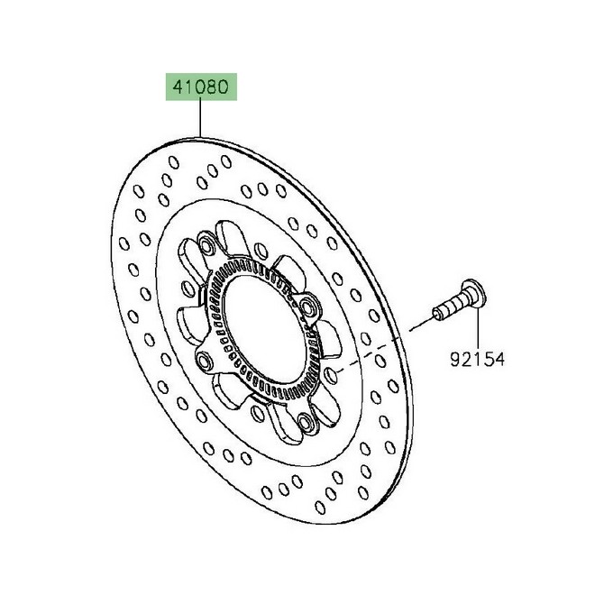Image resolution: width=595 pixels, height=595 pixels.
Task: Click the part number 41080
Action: click(x=199, y=89)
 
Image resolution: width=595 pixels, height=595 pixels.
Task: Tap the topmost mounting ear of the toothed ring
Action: click(x=208, y=246)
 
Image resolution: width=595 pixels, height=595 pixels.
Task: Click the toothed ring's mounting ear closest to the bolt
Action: click(x=313, y=308)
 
